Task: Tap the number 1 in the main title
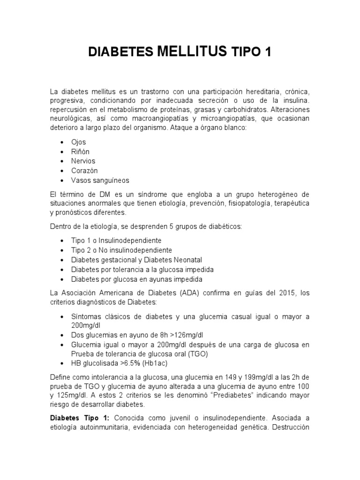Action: pos(268,52)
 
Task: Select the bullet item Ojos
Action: pos(79,142)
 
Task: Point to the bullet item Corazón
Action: pos(84,171)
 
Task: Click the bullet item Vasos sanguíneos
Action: pos(100,180)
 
